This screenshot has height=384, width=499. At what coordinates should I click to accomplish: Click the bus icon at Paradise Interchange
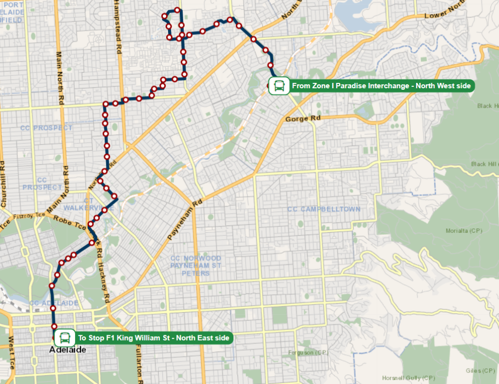click(279, 86)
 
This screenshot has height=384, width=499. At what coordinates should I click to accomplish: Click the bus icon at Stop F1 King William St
click(64, 338)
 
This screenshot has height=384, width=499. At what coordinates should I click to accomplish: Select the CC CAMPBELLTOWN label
click(324, 209)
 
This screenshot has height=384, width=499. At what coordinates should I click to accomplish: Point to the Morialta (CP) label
click(463, 231)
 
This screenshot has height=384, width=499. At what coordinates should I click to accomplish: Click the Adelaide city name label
click(68, 350)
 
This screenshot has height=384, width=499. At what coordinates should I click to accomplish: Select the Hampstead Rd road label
click(116, 27)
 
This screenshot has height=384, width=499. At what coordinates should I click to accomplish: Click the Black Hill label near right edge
click(485, 164)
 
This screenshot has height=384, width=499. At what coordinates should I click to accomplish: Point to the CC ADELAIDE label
click(54, 303)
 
